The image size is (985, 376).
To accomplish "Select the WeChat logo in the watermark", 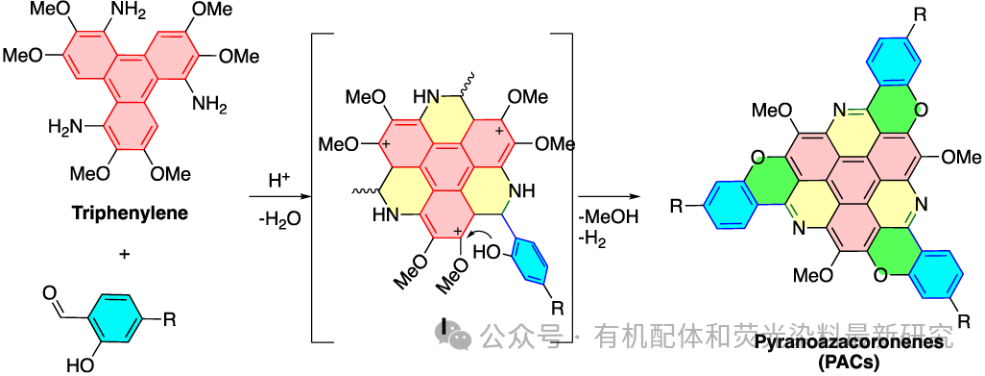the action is (x=452, y=335).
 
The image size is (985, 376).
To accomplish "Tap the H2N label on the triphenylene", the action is (x=67, y=126).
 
